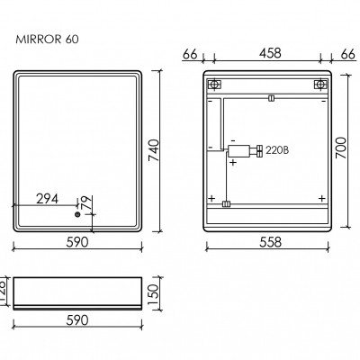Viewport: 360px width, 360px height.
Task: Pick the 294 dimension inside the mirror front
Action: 49,199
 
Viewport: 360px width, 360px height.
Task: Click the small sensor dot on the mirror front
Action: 77,215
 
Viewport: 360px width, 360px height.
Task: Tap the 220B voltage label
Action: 278,151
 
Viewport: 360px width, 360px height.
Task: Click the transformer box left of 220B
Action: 238,151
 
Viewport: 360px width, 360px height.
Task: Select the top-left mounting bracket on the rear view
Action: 214,85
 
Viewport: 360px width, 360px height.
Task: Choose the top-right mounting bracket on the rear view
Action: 319,85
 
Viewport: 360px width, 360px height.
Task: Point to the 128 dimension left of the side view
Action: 4,287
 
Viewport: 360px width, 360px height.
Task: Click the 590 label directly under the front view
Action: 77,241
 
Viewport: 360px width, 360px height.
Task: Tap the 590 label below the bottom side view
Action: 77,321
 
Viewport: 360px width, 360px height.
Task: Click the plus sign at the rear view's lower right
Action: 321,198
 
